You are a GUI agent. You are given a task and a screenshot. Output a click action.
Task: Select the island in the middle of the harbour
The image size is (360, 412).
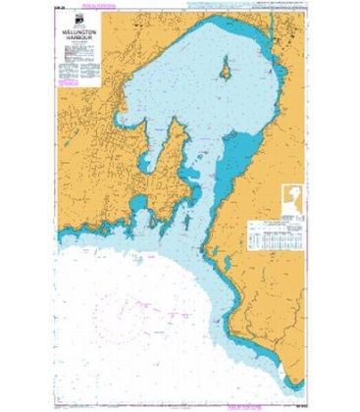(227, 70)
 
